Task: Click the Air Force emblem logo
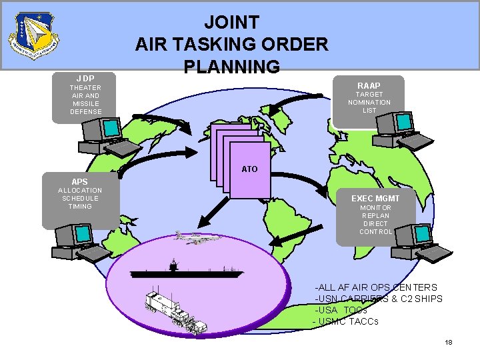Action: pos(33,35)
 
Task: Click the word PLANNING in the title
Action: pos(232,67)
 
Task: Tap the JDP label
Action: pos(85,79)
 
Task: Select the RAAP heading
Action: pos(369,86)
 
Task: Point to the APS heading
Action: pos(80,181)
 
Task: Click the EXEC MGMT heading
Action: pos(376,198)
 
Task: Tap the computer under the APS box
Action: pos(77,241)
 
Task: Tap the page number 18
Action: pos(449,342)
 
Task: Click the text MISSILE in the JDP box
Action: pos(86,103)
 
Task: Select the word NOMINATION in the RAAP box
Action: pos(369,103)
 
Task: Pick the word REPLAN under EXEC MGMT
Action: pos(376,216)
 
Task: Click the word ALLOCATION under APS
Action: pos(80,190)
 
